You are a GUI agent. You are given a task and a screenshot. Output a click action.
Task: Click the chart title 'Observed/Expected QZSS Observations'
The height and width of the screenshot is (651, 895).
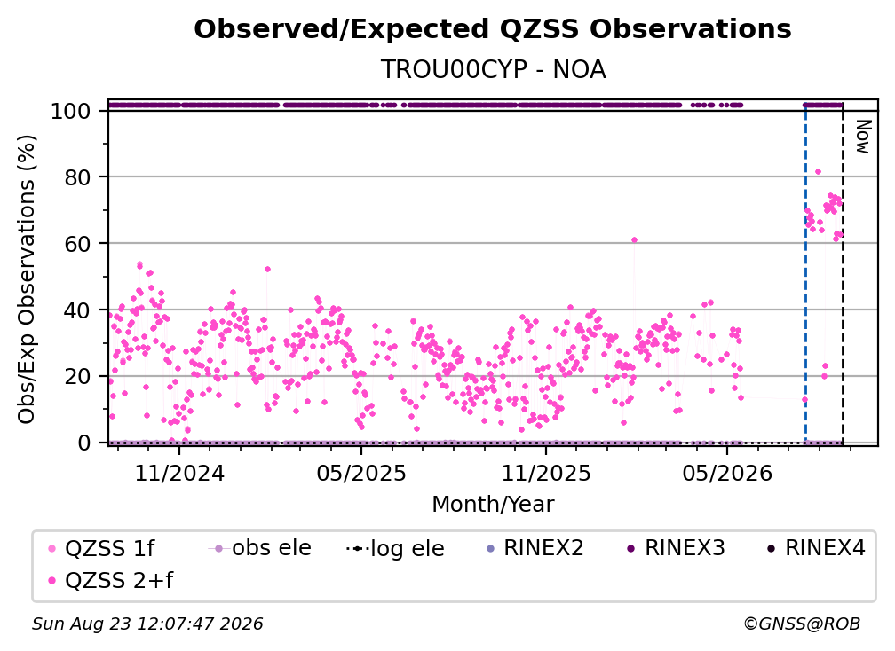[493, 29]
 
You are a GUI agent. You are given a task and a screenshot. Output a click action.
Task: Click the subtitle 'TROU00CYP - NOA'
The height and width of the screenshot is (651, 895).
[493, 69]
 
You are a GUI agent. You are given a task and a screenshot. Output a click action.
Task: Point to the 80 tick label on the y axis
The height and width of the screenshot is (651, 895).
[77, 177]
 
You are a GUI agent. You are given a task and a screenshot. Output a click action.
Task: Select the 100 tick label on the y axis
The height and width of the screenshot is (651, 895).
[71, 111]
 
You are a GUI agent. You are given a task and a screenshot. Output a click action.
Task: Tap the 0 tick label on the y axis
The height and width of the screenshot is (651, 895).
[83, 443]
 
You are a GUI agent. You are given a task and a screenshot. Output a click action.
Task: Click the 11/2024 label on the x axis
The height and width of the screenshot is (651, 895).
[179, 473]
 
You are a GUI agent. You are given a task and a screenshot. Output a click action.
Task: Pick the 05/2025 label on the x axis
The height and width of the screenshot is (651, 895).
[361, 473]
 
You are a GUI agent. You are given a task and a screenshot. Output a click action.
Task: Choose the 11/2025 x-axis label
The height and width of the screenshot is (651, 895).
[546, 473]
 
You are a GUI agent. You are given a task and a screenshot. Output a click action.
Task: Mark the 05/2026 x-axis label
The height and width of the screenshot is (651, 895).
[727, 473]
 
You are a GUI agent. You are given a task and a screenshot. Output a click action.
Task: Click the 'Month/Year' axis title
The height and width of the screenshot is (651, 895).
[493, 505]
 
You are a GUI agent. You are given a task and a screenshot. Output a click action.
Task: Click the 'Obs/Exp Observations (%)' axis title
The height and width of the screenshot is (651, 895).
[27, 279]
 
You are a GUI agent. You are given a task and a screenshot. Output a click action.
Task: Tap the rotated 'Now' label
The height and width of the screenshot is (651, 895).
[862, 137]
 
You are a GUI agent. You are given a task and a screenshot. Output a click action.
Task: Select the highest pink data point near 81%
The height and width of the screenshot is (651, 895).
[818, 171]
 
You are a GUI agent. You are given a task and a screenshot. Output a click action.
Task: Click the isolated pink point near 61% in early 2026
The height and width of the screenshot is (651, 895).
[634, 240]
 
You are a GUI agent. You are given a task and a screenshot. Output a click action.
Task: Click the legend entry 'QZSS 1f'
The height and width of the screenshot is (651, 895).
[101, 548]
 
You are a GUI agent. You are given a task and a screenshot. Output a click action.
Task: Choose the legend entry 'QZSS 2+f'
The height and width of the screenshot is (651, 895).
[111, 580]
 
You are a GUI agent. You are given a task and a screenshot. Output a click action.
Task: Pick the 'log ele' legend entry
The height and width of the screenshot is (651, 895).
[395, 548]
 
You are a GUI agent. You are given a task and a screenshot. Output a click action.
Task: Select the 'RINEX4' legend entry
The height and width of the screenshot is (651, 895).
[816, 548]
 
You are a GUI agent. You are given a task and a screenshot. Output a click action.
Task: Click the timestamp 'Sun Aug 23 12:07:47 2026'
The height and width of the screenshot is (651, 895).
[147, 624]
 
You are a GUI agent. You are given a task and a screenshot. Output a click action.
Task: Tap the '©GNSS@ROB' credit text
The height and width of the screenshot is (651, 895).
[802, 624]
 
